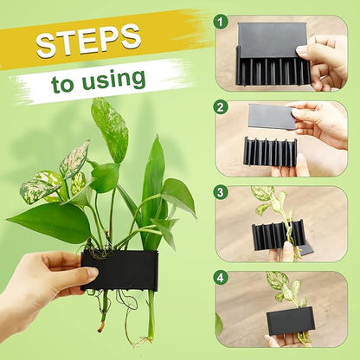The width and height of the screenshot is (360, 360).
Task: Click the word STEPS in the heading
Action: tap(88, 40)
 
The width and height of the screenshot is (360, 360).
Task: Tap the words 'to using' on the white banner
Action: tap(97, 81)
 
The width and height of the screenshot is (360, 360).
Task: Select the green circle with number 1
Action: tap(222, 20)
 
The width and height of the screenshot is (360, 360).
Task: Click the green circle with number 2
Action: tap(222, 107)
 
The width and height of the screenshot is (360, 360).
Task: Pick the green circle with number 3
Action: tap(222, 192)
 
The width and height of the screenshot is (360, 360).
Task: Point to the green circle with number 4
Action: tap(222, 277)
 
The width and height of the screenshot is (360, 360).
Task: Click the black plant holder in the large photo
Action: tap(120, 269)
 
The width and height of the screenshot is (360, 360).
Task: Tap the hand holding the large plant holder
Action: tap(43, 286)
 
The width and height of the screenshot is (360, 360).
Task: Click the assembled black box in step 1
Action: tap(270, 55)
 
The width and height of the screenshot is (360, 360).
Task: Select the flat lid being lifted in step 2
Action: tap(272, 115)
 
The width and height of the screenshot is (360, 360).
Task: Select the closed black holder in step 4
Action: tap(290, 320)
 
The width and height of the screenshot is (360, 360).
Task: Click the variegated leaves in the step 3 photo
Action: tap(268, 201)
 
